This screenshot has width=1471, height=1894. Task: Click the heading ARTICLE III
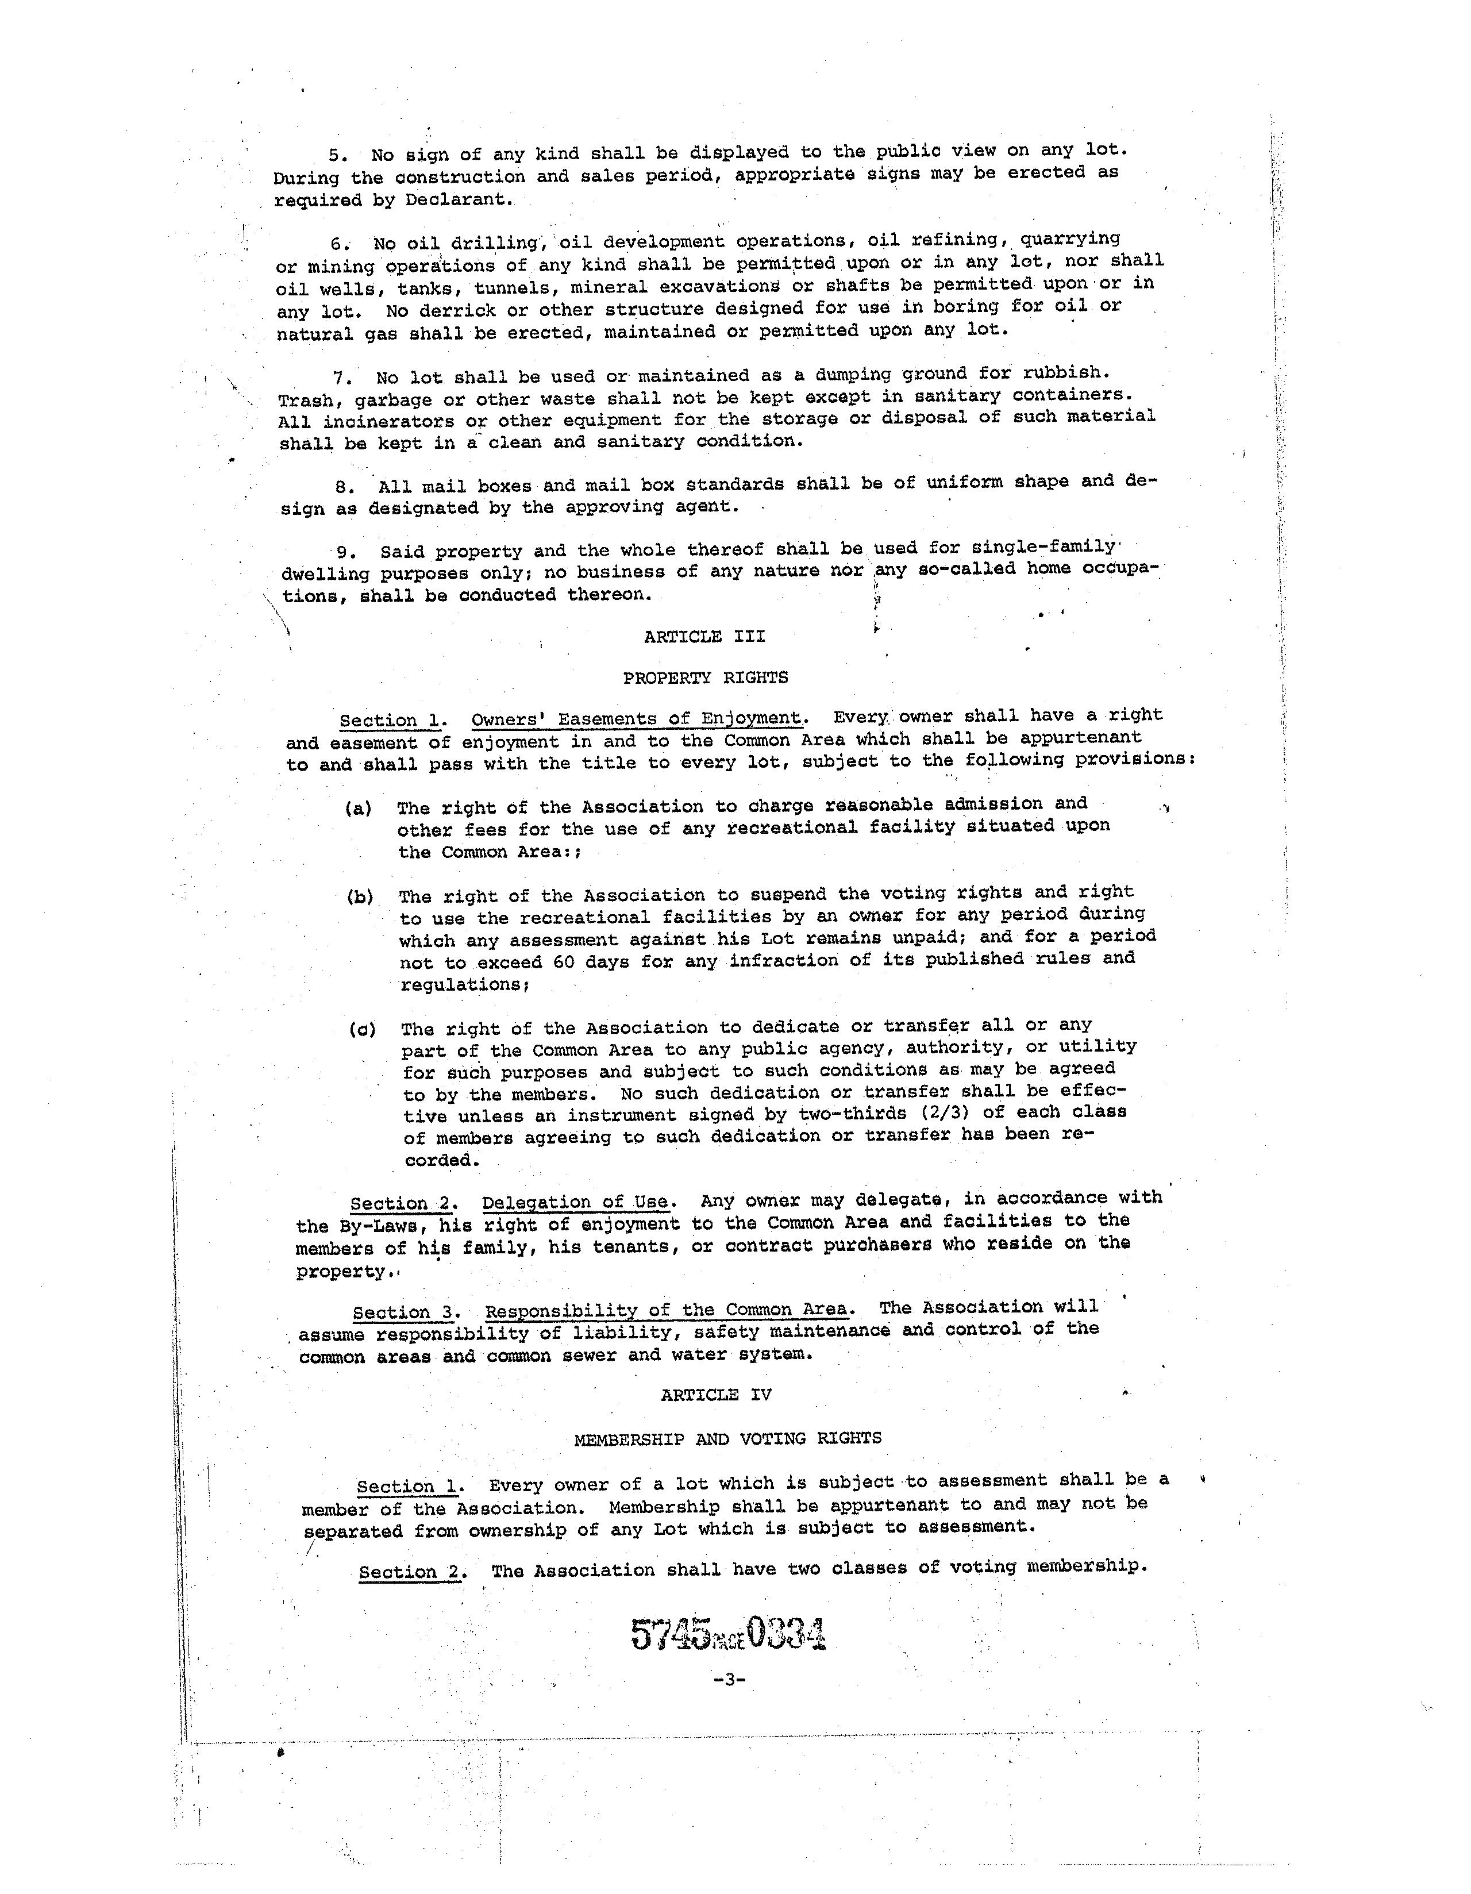tap(704, 637)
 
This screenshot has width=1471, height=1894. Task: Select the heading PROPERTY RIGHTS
tap(705, 677)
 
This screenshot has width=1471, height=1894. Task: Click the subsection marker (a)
tap(358, 809)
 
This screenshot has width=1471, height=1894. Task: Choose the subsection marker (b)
tap(360, 896)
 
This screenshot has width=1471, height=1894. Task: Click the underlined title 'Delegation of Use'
tap(576, 1202)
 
